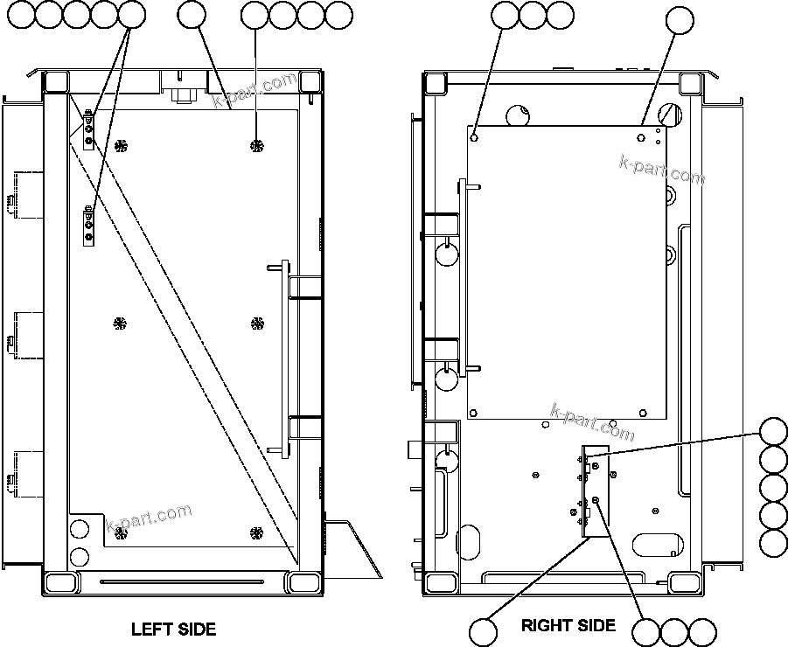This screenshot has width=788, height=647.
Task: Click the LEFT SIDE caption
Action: pyautogui.click(x=173, y=629)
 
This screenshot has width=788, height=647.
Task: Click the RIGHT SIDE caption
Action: pyautogui.click(x=568, y=625)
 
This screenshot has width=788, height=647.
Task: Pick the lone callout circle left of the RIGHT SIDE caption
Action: pyautogui.click(x=484, y=631)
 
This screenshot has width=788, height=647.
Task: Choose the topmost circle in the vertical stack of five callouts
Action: pyautogui.click(x=773, y=433)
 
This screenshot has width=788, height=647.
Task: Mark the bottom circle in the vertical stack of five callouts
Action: pyautogui.click(x=773, y=542)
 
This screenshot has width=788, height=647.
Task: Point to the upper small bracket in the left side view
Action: pyautogui.click(x=88, y=129)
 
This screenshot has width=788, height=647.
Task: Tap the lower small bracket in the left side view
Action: pyautogui.click(x=88, y=226)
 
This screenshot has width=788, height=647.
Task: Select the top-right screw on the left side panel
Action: pyautogui.click(x=256, y=144)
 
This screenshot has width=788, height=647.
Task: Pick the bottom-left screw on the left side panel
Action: pyautogui.click(x=120, y=532)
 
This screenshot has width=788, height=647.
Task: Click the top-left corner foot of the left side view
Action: pyautogui.click(x=55, y=82)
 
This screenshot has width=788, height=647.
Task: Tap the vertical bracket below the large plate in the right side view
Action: pyautogui.click(x=585, y=490)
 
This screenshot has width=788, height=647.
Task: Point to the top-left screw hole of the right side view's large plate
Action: pyautogui.click(x=474, y=136)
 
